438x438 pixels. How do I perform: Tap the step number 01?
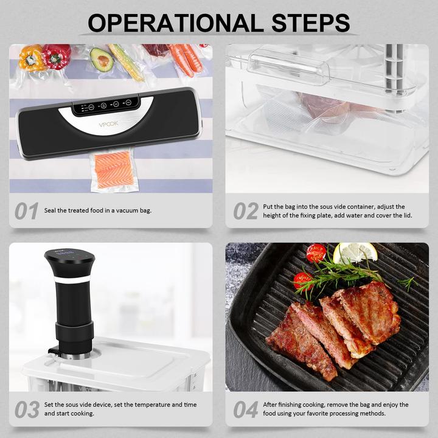coord(27,211)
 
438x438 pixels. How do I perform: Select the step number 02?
coord(246,211)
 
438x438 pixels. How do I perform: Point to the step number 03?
coord(27,409)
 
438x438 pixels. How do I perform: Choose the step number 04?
coord(246,409)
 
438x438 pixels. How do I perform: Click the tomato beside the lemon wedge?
coord(316,253)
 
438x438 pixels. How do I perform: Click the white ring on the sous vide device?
coord(70,280)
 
